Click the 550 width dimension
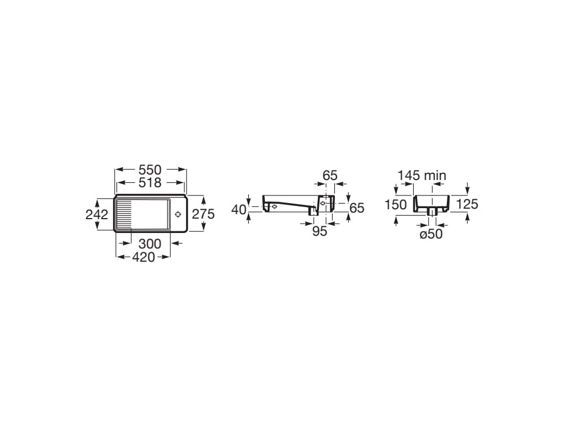[150, 170]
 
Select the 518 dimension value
[150, 183]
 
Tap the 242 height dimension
[97, 215]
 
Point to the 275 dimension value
[203, 214]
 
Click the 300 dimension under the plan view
[150, 244]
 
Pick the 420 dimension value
[143, 257]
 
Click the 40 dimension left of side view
[238, 209]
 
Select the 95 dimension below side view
[319, 231]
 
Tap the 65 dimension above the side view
[330, 176]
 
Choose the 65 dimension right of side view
[357, 208]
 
